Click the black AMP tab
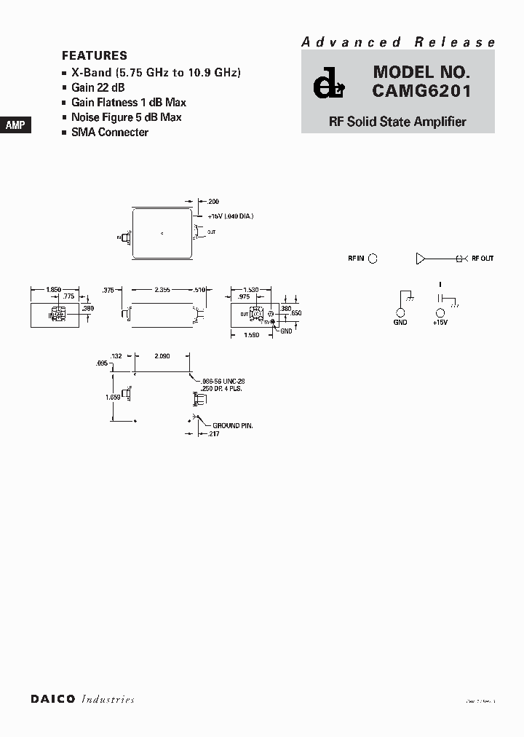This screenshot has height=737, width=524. click(15, 125)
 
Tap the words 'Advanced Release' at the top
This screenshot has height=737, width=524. click(398, 42)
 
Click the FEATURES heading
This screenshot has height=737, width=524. click(95, 56)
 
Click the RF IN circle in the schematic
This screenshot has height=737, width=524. click(373, 258)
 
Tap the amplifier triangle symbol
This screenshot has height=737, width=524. click(421, 258)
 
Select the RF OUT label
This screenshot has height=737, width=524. click(483, 259)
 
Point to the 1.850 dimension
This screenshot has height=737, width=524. click(53, 290)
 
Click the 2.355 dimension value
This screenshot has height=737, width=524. click(162, 290)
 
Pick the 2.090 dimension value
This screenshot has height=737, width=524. click(162, 355)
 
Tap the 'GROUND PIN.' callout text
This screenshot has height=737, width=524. click(233, 425)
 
